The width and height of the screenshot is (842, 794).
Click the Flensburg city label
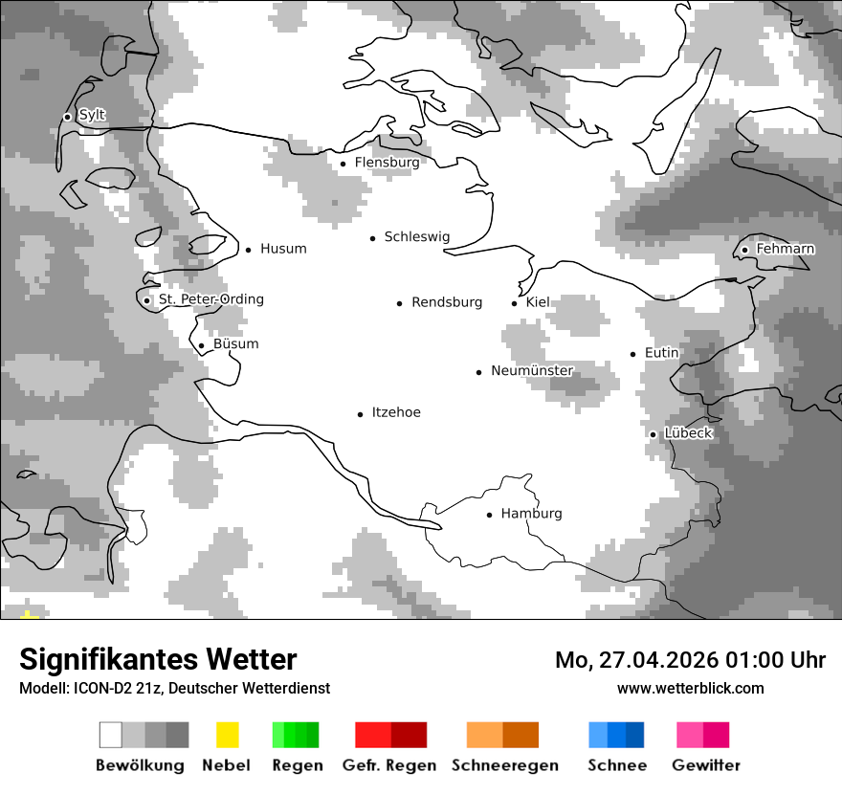[387, 163]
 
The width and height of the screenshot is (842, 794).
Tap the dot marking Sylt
[67, 117]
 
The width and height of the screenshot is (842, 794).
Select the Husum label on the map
[283, 249]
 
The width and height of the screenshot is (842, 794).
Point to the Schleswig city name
[416, 237]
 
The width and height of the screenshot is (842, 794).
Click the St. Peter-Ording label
[210, 299]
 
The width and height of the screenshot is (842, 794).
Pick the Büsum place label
[235, 344]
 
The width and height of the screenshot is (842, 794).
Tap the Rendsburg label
[447, 302]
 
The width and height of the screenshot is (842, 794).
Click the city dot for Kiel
[515, 303]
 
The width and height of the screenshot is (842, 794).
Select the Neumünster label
[532, 371]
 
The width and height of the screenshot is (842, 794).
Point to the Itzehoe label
[395, 413]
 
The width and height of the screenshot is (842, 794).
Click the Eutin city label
[661, 353]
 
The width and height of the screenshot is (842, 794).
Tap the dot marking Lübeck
[653, 434]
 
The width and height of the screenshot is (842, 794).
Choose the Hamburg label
[531, 514]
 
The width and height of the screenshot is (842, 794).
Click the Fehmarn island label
[785, 249]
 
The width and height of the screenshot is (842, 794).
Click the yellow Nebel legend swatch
[227, 735]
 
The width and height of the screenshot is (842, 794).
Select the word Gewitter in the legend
[705, 765]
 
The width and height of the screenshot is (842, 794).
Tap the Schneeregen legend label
[504, 765]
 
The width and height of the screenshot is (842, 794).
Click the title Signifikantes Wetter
[158, 659]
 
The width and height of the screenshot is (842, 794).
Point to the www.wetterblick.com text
[690, 688]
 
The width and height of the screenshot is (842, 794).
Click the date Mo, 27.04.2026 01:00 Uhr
[690, 660]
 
